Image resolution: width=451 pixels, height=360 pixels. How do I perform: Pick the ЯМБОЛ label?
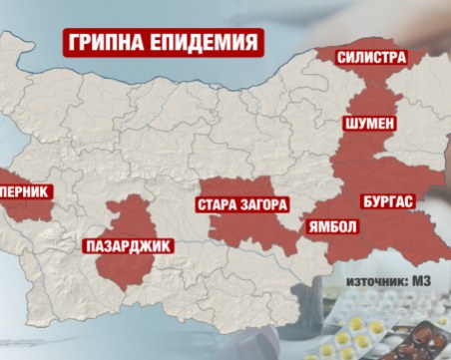pyautogui.click(x=332, y=226)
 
